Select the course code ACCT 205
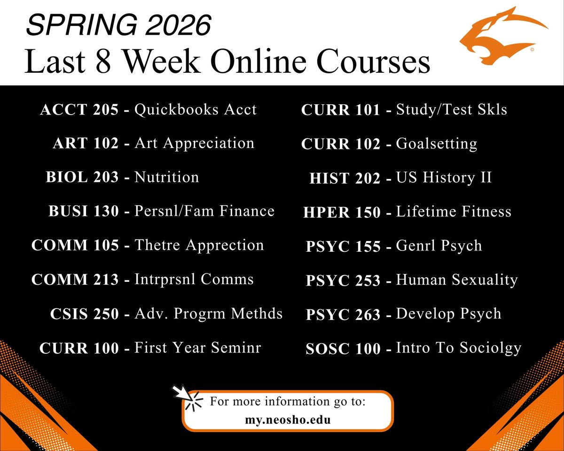[79, 110]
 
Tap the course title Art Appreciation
[194, 143]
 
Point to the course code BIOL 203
[82, 178]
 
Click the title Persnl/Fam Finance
[204, 211]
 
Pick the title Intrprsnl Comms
[194, 280]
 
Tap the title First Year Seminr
[197, 348]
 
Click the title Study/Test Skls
[452, 110]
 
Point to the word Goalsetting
[437, 144]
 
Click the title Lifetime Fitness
[454, 212]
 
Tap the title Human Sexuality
[457, 280]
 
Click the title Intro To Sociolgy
[459, 349]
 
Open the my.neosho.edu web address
[287, 420]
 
